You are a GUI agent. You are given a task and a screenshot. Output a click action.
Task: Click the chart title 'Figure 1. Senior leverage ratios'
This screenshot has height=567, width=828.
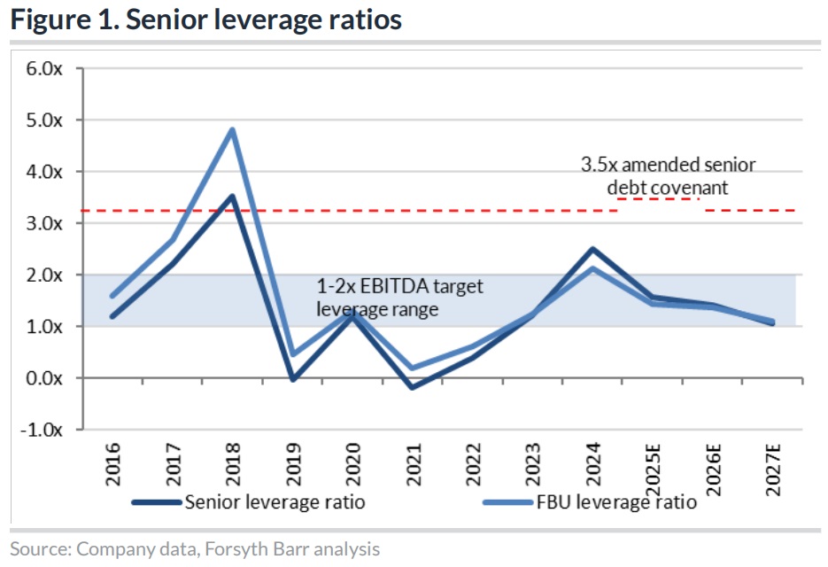tap(206, 20)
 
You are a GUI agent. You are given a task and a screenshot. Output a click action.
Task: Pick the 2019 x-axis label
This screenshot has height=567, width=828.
tap(292, 462)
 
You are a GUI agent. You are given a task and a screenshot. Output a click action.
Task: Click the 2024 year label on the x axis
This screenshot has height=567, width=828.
tap(591, 462)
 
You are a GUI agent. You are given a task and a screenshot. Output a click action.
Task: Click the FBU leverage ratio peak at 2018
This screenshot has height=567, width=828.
tap(232, 130)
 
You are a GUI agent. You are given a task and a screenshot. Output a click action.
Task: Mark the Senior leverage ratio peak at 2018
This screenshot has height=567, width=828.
tap(232, 197)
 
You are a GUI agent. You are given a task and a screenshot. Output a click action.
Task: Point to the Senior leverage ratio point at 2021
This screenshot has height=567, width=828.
tap(412, 387)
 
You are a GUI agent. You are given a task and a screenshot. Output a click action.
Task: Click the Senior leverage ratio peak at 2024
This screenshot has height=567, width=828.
tap(591, 249)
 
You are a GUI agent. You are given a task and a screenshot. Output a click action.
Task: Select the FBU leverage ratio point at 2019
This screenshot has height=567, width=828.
tap(292, 354)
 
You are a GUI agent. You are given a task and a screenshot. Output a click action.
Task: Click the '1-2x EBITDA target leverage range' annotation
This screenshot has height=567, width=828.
tap(399, 298)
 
